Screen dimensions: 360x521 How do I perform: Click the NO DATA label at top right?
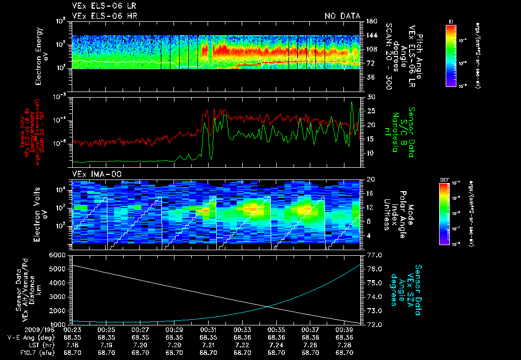[342, 16]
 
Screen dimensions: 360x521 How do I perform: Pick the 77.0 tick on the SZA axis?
[374, 255]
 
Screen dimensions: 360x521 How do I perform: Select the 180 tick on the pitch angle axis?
[371, 21]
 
